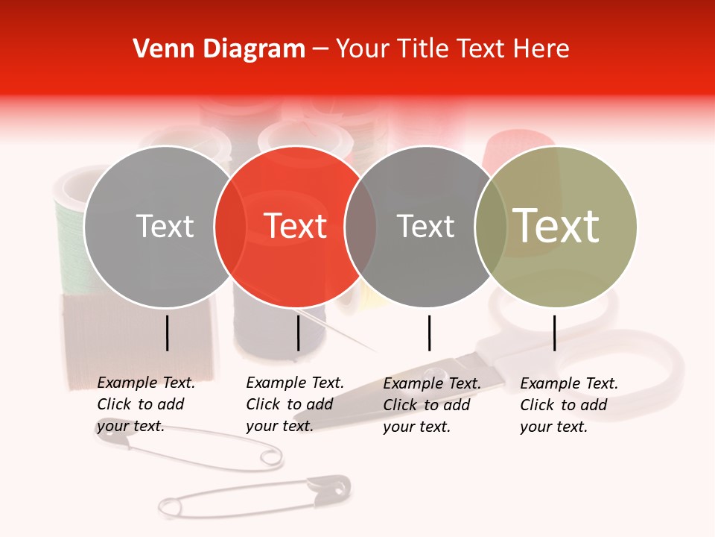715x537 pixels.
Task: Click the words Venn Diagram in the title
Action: point(219,49)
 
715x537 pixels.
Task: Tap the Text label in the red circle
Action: point(296,226)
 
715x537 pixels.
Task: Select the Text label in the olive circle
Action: point(556,226)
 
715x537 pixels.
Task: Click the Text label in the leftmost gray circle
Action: point(165,226)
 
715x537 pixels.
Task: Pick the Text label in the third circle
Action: point(426,226)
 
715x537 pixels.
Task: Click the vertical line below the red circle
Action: point(298,333)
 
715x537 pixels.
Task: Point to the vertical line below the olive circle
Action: point(555,333)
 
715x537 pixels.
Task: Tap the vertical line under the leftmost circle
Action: point(168,333)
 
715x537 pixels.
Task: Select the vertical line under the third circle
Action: point(429,333)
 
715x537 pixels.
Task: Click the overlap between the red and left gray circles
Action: point(230,226)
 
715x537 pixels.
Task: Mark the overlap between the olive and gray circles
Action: point(491,226)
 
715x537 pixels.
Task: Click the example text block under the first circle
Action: point(145,405)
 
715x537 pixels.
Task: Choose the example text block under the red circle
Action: point(294,405)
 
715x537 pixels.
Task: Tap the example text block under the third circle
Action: point(431,405)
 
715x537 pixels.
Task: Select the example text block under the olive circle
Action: point(568,405)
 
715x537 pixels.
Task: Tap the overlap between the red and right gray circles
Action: point(360,226)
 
